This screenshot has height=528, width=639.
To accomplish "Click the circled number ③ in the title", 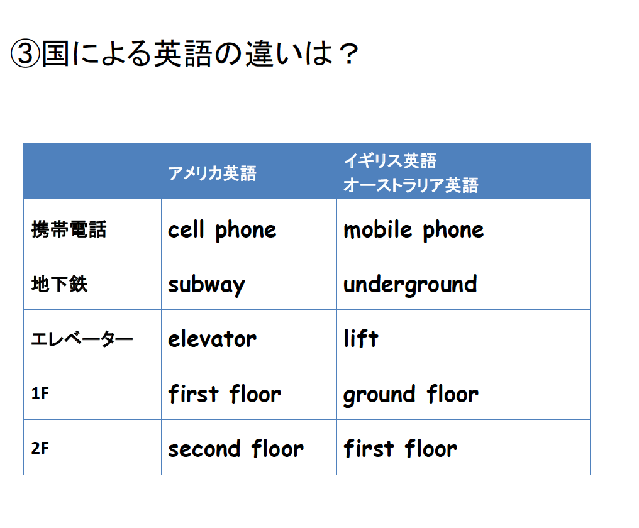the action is click(25, 53).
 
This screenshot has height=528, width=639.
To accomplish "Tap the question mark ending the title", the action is click(349, 54).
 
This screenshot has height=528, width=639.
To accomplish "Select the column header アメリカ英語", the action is click(213, 173).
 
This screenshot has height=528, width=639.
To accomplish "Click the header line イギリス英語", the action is click(390, 160).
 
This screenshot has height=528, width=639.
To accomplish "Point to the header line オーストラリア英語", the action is click(411, 185).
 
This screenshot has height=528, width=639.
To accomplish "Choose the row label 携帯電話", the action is click(69, 229).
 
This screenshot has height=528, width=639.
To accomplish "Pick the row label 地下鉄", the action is click(60, 283).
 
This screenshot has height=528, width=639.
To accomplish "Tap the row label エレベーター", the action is click(82, 339).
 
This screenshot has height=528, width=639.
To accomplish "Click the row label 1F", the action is click(40, 393).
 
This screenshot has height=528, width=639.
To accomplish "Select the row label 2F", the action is click(40, 448).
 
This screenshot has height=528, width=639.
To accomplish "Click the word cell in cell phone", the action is click(186, 229).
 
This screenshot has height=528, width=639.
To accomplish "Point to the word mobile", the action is click(378, 229).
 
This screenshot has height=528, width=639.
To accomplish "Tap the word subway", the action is click(207, 284).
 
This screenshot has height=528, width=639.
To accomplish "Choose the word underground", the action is click(410, 284).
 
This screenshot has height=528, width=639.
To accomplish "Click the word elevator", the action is click(213, 339).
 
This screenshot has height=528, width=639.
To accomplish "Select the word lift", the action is click(361, 338).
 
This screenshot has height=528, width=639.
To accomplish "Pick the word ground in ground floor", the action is click(379, 394).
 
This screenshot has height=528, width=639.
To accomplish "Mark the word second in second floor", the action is click(204, 449).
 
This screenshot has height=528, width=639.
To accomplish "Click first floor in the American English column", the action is click(225, 393).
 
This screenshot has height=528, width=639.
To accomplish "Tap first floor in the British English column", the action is click(400, 448).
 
